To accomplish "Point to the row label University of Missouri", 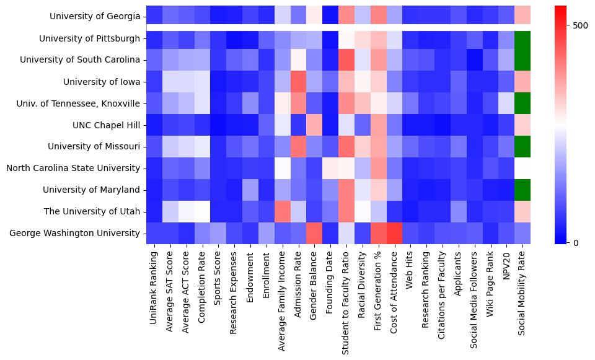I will tap(94, 147).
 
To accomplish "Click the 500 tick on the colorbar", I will tap(581, 25).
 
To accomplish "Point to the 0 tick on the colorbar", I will tap(576, 242).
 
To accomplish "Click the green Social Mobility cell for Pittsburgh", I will tap(522, 38).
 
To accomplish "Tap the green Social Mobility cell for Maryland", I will tap(522, 190).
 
